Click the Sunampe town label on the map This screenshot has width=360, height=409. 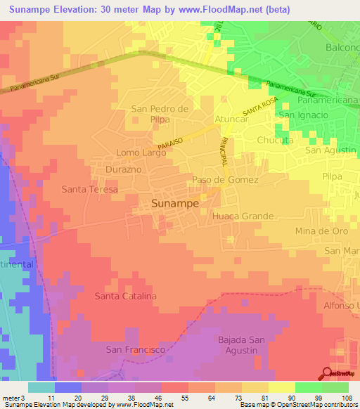click(175, 203)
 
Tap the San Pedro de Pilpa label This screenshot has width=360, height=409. click(160, 114)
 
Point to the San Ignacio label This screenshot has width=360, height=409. click(304, 115)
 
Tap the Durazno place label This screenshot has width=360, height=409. click(126, 170)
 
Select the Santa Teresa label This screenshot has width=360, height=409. click(89, 190)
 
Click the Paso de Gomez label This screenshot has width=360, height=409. click(226, 180)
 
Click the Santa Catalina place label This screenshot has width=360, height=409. click(126, 296)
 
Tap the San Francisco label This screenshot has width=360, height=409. click(135, 349)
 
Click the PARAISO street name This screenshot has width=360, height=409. click(170, 143)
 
